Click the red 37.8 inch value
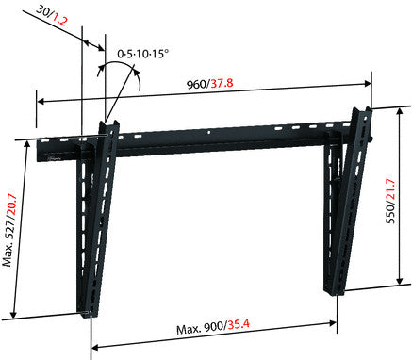pyautogui.click(x=222, y=84)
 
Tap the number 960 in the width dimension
pyautogui.click(x=197, y=85)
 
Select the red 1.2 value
pyautogui.click(x=59, y=21)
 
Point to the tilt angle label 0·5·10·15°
pyautogui.click(x=143, y=54)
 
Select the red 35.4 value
pyautogui.click(x=239, y=324)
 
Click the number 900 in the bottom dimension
pyautogui.click(x=214, y=328)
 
